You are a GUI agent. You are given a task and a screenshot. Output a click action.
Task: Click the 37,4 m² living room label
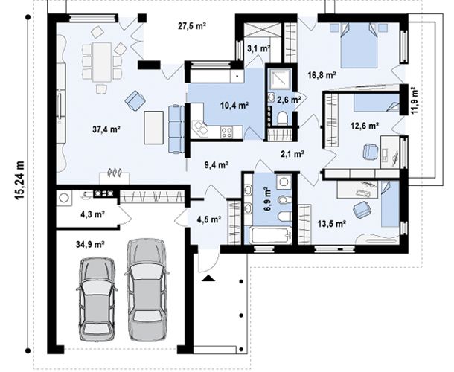106,129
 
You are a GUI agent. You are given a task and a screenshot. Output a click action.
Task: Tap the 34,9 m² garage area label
90,244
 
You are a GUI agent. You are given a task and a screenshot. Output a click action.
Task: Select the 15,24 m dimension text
20,180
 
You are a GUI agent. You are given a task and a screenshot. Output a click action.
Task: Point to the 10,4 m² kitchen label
234,106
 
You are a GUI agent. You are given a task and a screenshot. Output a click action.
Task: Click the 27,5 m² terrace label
192,26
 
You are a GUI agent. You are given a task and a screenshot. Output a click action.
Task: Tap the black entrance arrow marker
208,278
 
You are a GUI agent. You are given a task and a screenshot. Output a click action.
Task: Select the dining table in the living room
102,62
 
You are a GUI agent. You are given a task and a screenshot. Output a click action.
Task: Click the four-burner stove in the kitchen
226,132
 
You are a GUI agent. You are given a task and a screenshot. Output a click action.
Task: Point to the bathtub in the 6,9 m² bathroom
272,235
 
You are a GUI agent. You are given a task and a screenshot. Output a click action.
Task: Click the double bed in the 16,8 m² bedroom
359,45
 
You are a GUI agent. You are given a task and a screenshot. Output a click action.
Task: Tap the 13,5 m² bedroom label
332,224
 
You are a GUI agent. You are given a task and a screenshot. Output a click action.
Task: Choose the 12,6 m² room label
365,126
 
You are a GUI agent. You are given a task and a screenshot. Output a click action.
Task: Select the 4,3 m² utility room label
92,214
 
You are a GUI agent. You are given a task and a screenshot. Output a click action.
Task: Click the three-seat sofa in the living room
176,129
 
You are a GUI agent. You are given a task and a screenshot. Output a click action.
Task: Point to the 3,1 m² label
258,48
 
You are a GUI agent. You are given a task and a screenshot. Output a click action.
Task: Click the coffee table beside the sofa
154,127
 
